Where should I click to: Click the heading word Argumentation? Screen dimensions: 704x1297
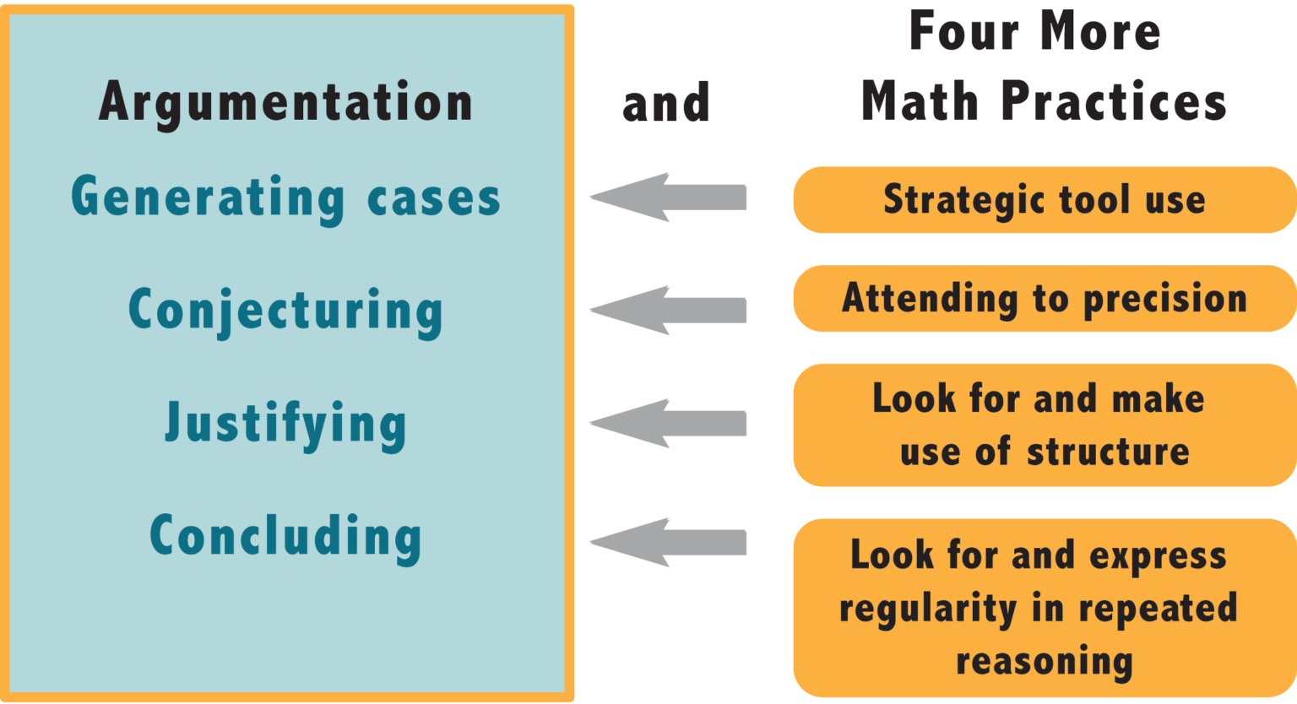[285, 102]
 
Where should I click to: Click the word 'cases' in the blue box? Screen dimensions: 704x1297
[434, 198]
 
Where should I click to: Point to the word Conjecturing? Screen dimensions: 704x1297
[285, 311]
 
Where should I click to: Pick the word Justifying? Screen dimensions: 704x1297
[285, 423]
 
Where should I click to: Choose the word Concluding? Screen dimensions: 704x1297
[285, 535]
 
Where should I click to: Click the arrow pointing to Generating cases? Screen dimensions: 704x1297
[667, 198]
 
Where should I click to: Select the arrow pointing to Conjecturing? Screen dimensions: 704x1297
[667, 310]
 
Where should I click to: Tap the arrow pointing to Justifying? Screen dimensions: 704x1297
[667, 423]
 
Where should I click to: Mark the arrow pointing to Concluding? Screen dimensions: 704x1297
[667, 542]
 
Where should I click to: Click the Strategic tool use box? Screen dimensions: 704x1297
[1044, 200]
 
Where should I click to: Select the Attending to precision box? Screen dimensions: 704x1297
[1044, 298]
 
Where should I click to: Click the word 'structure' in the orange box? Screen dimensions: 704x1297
[1108, 451]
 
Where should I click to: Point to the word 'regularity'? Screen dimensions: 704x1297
[922, 609]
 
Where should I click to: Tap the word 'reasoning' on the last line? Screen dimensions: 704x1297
[1044, 661]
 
